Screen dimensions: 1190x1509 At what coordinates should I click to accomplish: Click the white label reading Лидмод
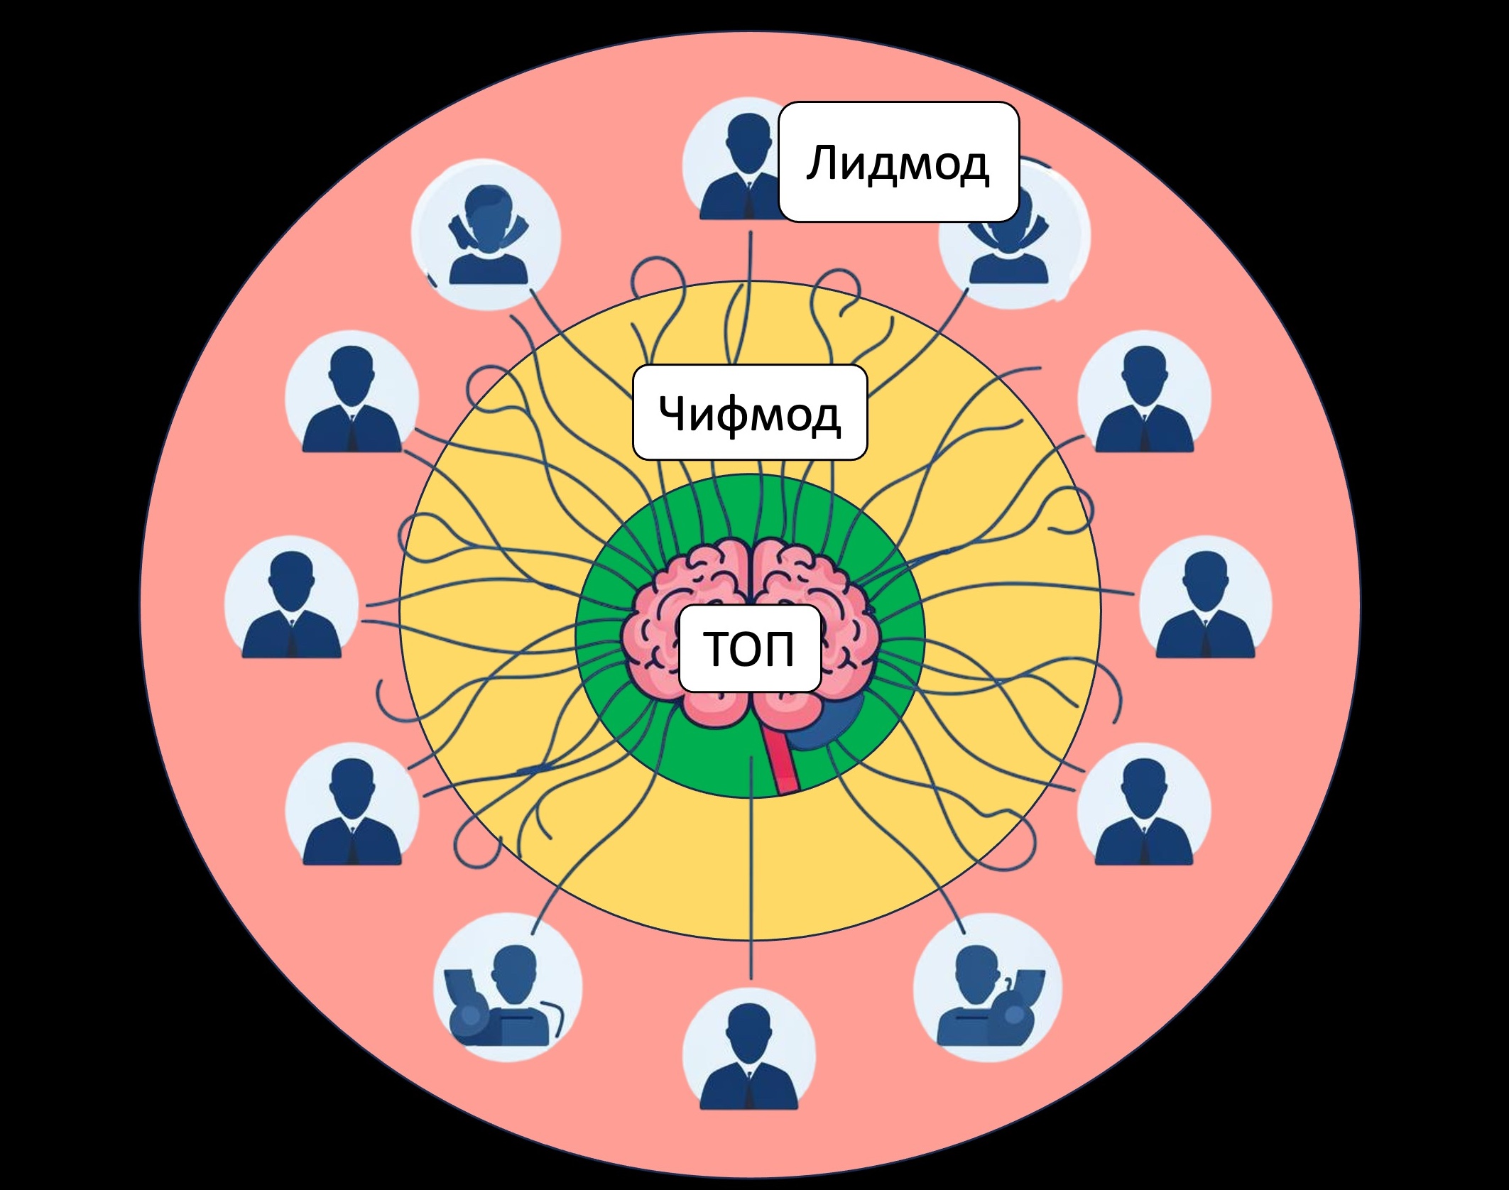898,162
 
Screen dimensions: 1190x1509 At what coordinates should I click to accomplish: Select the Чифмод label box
749,413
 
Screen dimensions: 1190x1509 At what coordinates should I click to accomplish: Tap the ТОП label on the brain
749,648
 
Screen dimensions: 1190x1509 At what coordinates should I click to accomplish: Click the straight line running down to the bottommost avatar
750,888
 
